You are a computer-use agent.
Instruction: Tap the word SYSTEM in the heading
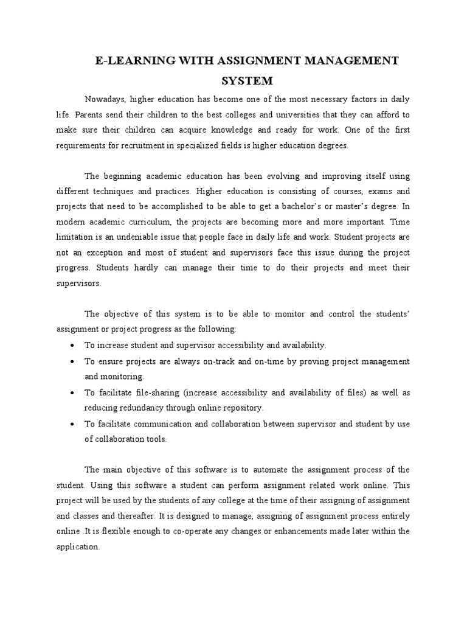point(247,80)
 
